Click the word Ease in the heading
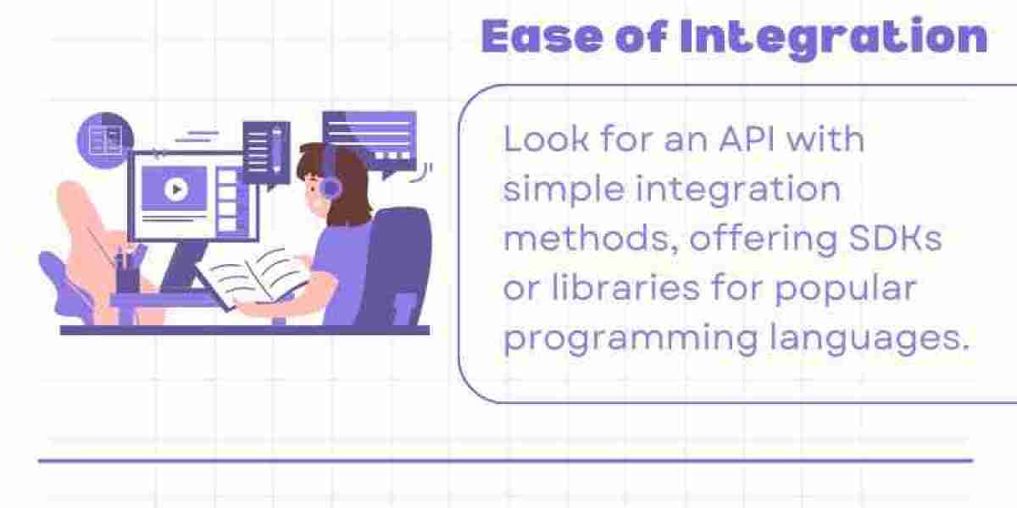pos(542,36)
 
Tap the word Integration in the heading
pos(834,38)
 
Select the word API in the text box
pos(747,139)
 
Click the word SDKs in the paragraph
pos(895,238)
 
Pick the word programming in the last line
pos(631,339)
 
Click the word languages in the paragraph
pos(870,339)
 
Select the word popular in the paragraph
pos(846,290)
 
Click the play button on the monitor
pos(176,189)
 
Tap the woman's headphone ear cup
pos(331,187)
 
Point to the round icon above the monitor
pos(105,141)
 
